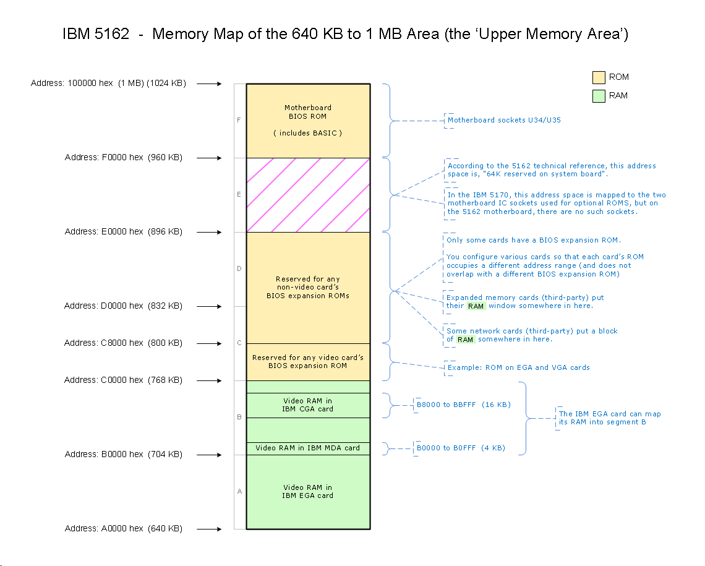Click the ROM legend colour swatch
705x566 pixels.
(x=599, y=77)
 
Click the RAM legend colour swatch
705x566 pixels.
(x=599, y=96)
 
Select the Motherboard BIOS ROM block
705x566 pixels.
(x=308, y=121)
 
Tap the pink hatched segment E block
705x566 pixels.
(x=308, y=195)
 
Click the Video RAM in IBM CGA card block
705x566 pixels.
(x=308, y=405)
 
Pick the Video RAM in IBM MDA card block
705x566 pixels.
(x=308, y=448)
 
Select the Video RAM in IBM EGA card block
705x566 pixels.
(x=308, y=492)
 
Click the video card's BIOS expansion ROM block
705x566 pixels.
(x=308, y=362)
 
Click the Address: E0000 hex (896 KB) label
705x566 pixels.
(x=124, y=232)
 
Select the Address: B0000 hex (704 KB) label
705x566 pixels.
(x=124, y=455)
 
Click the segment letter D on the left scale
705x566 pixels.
(x=239, y=268)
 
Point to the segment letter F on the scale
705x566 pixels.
(x=239, y=120)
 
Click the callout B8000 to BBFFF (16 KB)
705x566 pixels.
(x=463, y=405)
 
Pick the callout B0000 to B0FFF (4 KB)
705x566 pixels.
(x=461, y=448)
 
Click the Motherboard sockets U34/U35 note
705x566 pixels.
(x=504, y=120)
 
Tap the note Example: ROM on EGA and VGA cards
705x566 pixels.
(x=518, y=367)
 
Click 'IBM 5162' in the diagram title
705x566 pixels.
(x=96, y=34)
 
